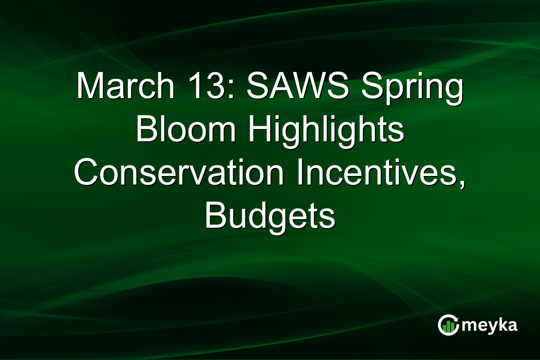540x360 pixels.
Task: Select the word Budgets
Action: [270, 216]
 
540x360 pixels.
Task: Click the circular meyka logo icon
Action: [448, 325]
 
